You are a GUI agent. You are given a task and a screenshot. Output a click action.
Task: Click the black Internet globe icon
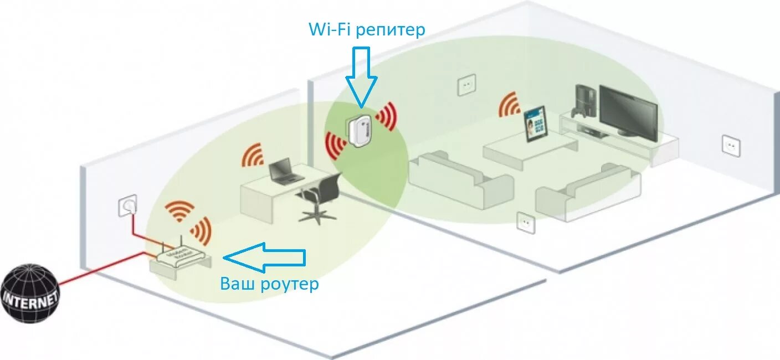pyautogui.click(x=30, y=293)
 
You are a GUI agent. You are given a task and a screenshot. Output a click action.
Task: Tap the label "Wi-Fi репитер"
pyautogui.click(x=367, y=29)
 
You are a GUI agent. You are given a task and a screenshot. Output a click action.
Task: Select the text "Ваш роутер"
pyautogui.click(x=270, y=284)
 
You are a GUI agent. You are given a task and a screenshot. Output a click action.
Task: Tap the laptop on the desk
pyautogui.click(x=285, y=171)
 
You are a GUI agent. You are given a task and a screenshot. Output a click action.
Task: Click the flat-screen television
pyautogui.click(x=628, y=113)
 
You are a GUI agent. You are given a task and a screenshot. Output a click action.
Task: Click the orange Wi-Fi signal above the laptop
pyautogui.click(x=253, y=156)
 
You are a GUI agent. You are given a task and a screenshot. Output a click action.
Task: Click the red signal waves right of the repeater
pyautogui.click(x=387, y=116)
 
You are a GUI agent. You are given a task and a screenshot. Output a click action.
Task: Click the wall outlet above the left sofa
pyautogui.click(x=466, y=85)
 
